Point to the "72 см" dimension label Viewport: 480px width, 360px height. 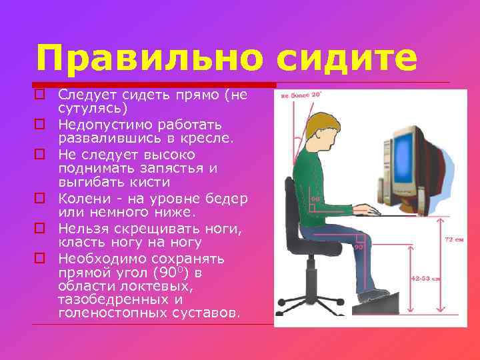[453, 239]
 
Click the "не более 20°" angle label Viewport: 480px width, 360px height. [301, 95]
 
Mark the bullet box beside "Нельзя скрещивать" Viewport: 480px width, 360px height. [39, 228]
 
